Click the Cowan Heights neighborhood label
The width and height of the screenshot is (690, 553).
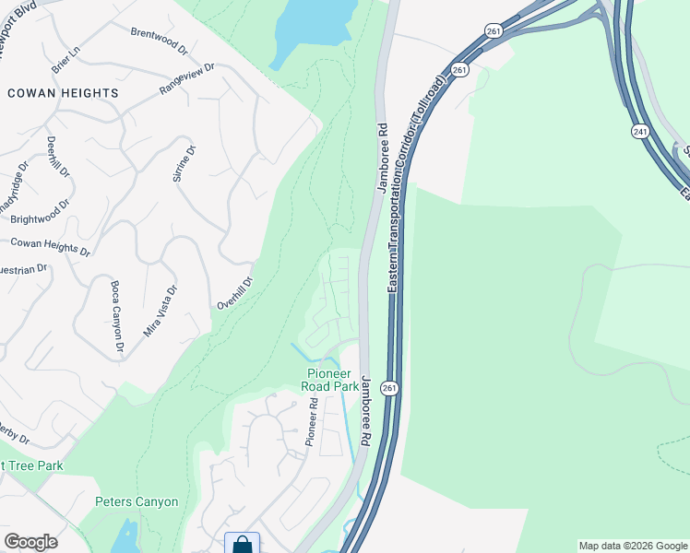pos(63,93)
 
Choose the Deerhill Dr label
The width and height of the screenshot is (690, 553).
pos(58,158)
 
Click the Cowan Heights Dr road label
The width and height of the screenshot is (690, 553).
pos(50,246)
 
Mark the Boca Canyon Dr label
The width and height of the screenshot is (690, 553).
pos(116,318)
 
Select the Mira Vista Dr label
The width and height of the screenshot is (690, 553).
pos(160,309)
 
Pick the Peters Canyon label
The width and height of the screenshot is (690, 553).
pos(137,502)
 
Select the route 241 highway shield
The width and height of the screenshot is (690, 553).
pos(640,133)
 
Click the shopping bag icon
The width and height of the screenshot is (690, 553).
pos(242,544)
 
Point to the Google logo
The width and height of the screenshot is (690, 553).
pos(30,542)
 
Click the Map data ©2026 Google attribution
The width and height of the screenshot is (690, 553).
pos(633,546)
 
